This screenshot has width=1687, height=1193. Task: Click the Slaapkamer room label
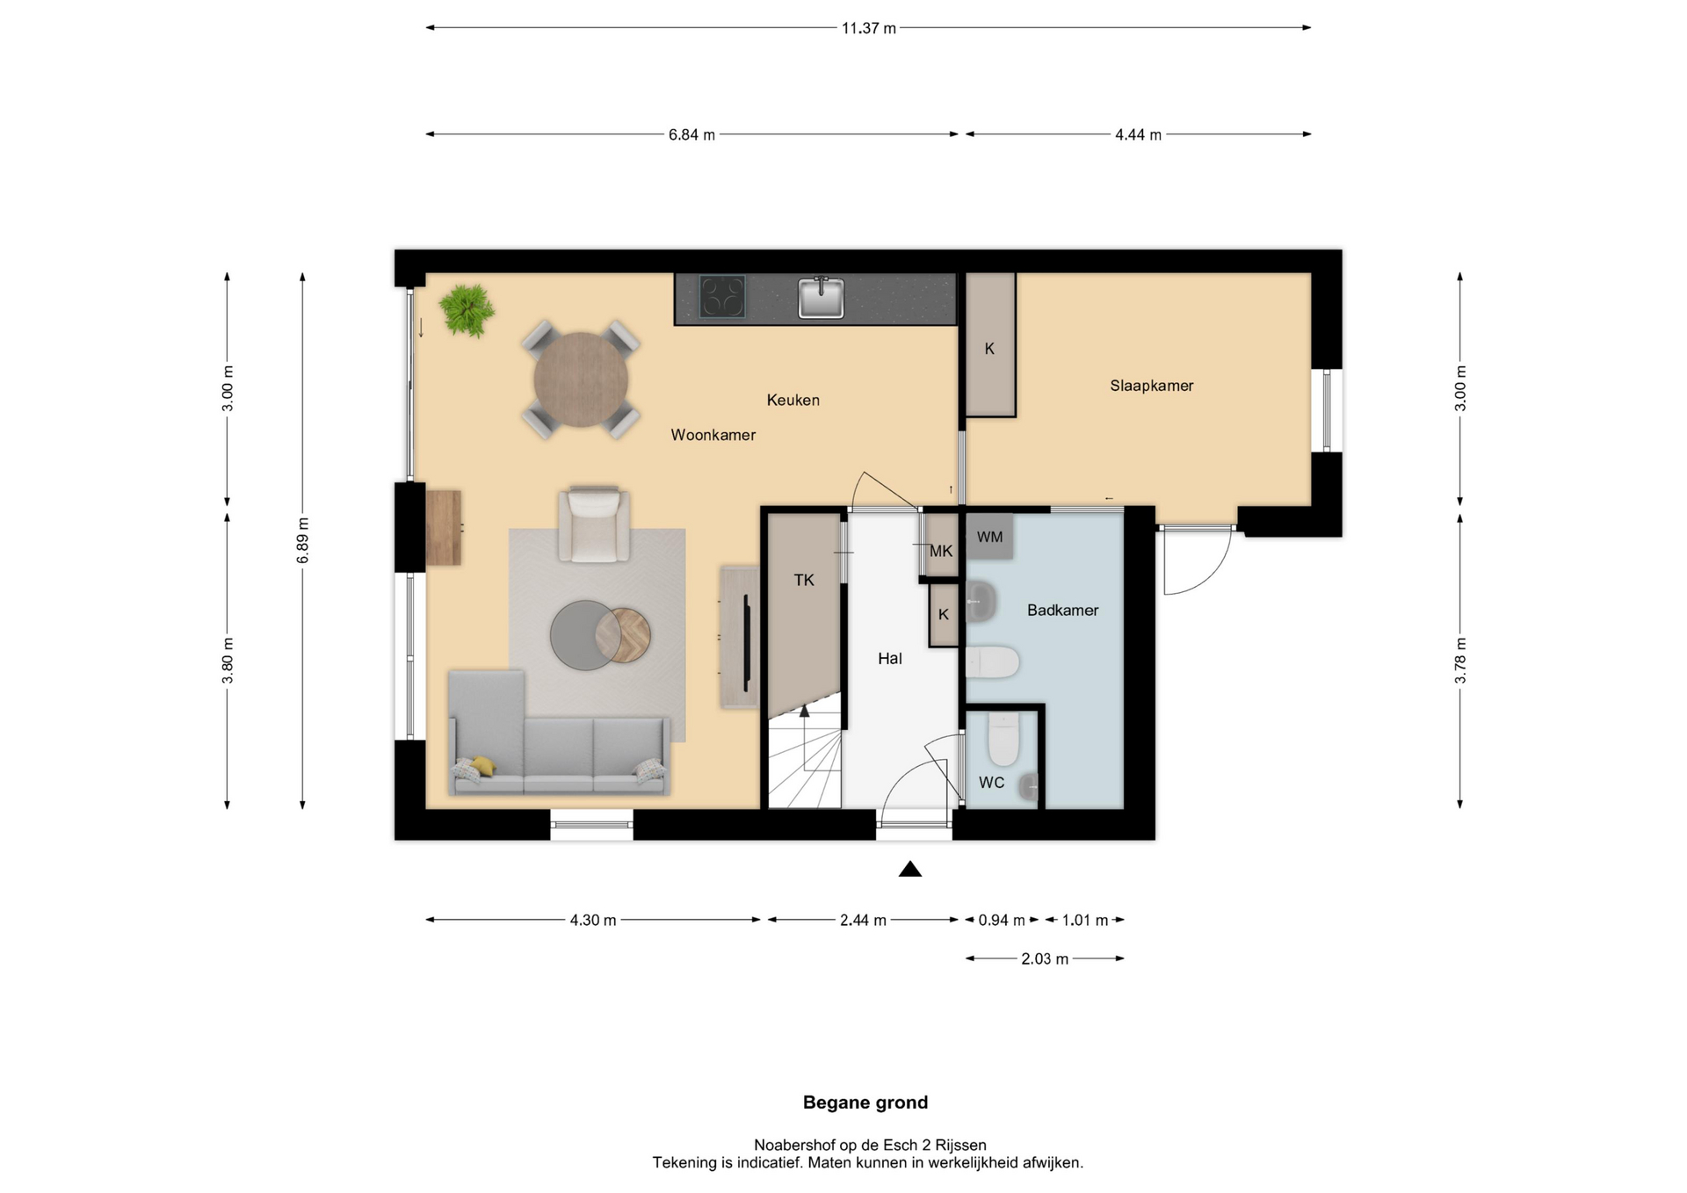1151,386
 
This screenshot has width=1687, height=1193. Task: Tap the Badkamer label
1062,610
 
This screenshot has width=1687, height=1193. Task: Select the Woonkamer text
713,435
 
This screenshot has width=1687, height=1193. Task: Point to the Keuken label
793,400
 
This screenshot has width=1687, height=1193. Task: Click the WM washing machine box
989,537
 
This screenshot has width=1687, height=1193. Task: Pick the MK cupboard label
941,552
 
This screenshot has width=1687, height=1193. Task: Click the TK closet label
804,580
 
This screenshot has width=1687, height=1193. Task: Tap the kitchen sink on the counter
821,297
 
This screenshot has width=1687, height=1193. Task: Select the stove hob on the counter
722,296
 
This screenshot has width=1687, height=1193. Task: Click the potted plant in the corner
467,310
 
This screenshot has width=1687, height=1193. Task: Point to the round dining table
581,380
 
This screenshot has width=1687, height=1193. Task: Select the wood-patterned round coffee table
623,636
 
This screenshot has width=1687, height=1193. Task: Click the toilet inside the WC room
1003,739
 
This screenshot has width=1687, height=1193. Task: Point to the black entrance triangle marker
910,869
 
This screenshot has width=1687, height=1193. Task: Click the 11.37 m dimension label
869,28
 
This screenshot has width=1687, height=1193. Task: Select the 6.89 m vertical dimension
302,540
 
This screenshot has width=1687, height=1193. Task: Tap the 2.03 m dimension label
1045,959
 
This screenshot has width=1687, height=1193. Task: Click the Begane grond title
865,1103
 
